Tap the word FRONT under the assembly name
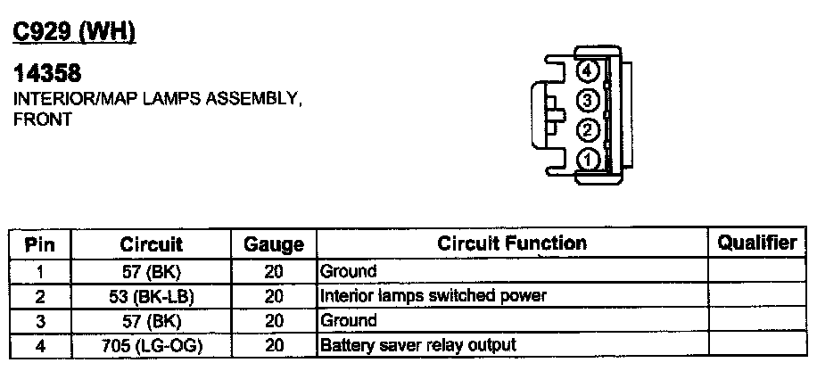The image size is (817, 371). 42,119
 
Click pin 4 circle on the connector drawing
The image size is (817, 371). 587,70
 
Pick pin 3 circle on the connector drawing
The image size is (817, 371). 587,100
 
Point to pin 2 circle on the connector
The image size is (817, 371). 587,130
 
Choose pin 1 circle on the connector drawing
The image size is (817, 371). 587,160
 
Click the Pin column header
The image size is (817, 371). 41,243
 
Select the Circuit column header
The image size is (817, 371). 151,243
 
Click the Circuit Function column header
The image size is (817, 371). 511,243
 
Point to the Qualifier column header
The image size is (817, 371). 757,243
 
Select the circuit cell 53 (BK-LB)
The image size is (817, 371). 151,295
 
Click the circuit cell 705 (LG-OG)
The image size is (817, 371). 151,344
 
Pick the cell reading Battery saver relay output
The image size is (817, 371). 417,344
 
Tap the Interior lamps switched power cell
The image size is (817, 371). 432,295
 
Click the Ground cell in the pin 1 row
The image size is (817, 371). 348,271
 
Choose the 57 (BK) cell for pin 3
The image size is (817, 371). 151,320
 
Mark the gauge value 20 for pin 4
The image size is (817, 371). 274,344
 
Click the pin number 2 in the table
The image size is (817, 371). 40,295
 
